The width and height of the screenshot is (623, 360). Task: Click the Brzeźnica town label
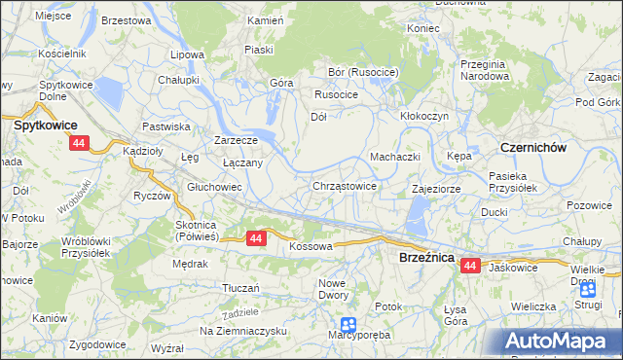[428, 257]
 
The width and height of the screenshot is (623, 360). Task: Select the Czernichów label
[532, 146]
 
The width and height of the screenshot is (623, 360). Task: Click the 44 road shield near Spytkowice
[79, 144]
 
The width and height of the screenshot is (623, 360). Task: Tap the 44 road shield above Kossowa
[256, 237]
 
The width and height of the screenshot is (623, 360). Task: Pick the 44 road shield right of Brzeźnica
[471, 265]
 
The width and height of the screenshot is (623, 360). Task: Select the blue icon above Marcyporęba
[348, 325]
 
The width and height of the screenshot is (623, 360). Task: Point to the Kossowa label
[311, 247]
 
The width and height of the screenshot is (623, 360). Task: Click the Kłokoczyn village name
[424, 115]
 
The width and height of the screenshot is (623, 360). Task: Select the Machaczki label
[394, 157]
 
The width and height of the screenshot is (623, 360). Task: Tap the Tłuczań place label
[240, 288]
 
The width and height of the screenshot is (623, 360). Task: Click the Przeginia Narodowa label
[486, 69]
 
